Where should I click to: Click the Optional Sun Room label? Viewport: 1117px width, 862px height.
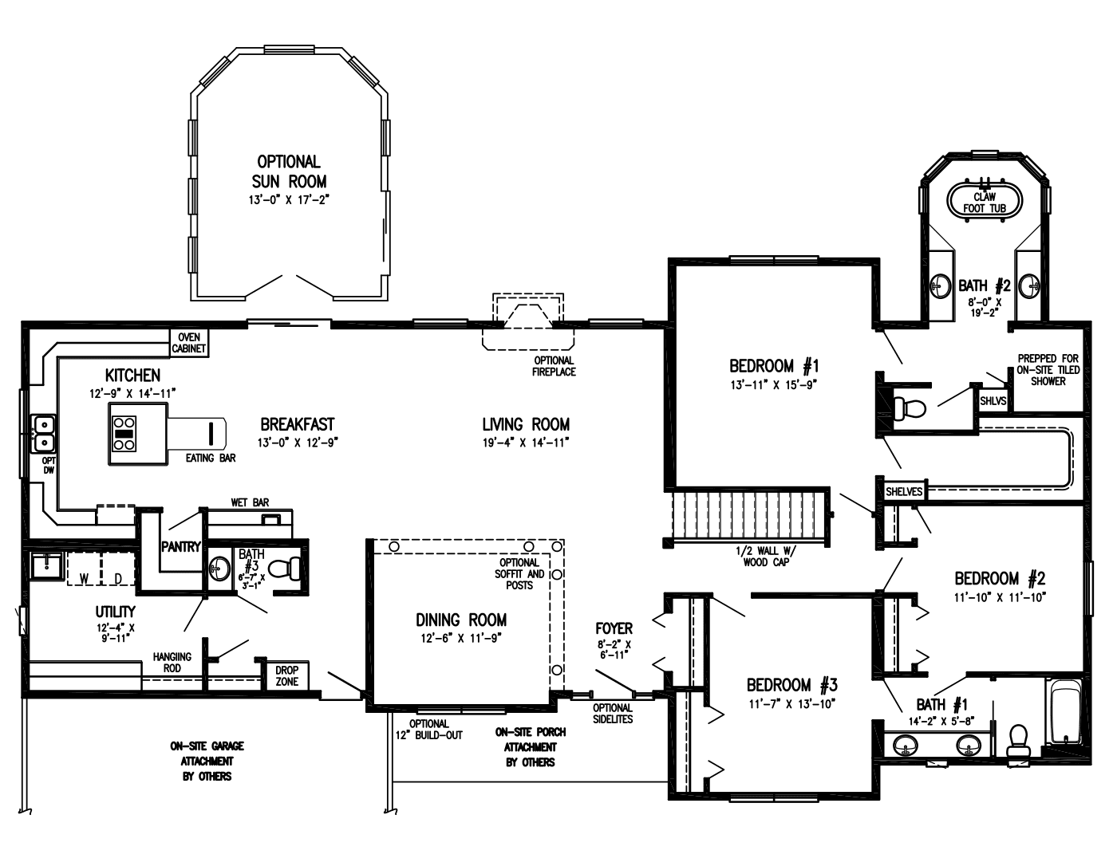tap(289, 171)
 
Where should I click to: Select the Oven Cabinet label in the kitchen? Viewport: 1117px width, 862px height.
tap(189, 343)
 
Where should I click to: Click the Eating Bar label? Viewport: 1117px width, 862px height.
tap(211, 459)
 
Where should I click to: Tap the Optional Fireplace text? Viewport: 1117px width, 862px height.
tap(554, 366)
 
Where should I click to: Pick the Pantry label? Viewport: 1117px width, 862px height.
tap(180, 547)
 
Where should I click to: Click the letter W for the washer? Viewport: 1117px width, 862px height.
tap(83, 578)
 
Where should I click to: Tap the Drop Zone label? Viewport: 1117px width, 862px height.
tap(286, 676)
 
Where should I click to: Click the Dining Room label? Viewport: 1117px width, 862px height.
tap(461, 620)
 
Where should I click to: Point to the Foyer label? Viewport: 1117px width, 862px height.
tap(614, 628)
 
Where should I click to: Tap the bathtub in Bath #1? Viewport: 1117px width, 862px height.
tap(1064, 712)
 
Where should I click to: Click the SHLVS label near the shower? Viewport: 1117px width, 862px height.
tap(993, 401)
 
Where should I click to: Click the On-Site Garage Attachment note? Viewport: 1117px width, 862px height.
tap(207, 761)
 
